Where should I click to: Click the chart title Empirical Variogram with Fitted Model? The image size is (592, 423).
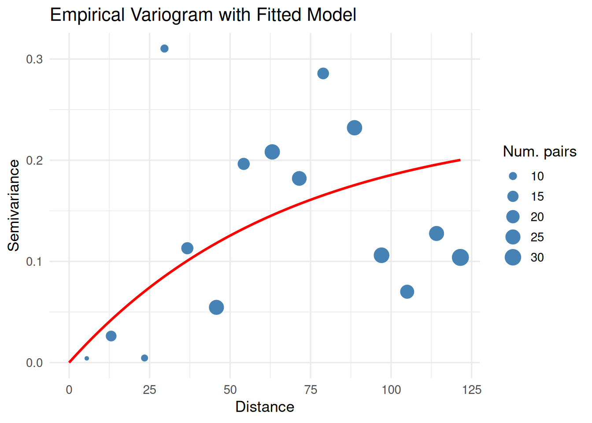(203, 15)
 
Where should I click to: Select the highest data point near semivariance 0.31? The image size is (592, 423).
(164, 48)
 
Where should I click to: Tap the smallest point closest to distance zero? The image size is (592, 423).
(87, 358)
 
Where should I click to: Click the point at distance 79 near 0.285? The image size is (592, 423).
(323, 73)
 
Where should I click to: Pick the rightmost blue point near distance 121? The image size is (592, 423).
(460, 257)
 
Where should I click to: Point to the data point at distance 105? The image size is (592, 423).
(407, 292)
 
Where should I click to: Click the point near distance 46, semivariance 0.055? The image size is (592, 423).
(216, 307)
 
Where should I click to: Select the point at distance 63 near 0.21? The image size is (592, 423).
(272, 152)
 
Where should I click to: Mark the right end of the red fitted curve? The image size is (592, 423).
(460, 160)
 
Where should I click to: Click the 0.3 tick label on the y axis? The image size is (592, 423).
(34, 59)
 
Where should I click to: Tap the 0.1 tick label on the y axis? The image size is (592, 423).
(34, 262)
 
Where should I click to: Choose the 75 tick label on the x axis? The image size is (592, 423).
(311, 390)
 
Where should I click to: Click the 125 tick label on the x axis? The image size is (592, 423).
(472, 390)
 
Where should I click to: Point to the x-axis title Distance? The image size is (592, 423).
(265, 407)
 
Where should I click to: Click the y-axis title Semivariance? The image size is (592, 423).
(14, 205)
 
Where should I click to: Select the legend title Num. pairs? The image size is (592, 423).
(540, 152)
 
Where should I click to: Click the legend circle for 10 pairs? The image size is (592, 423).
(513, 176)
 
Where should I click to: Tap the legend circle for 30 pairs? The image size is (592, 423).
(513, 257)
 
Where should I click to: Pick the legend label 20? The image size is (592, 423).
(537, 217)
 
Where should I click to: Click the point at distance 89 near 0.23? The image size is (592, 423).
(355, 128)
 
